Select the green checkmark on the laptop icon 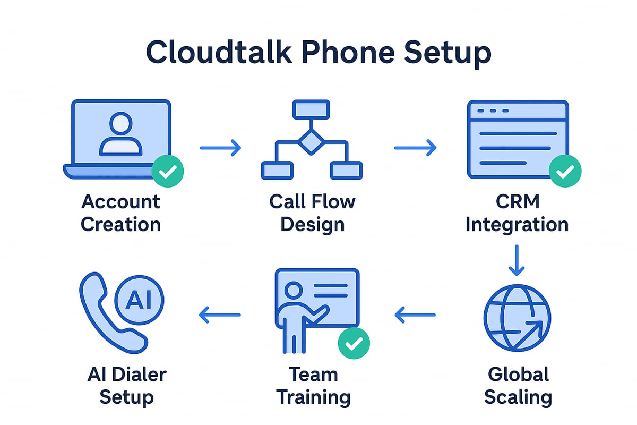point(168,171)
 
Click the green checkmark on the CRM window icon point(565,171)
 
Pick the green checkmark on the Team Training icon point(354,344)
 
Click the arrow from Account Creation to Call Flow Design point(220,148)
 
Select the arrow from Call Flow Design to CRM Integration point(415,148)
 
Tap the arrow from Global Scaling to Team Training point(415,315)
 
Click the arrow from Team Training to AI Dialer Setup point(220,315)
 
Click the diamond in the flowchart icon point(311,141)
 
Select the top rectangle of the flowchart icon point(311,109)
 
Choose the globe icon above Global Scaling point(518,318)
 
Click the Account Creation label point(120,212)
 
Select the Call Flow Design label point(312,212)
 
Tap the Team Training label point(313,385)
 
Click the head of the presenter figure point(292,290)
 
